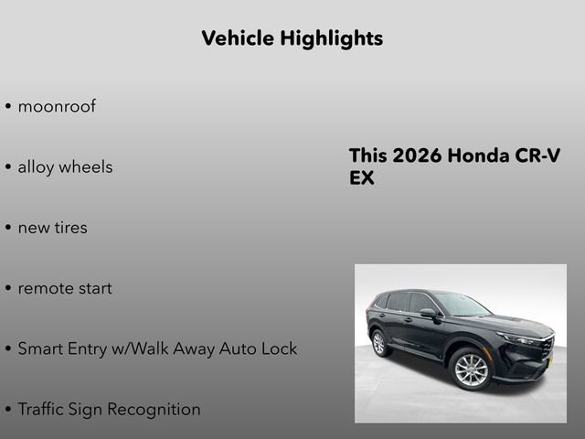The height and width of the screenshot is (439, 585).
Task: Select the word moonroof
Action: tap(57, 106)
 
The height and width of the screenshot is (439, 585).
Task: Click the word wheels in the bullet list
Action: tap(86, 167)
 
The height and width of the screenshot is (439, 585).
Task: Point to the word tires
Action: tap(70, 228)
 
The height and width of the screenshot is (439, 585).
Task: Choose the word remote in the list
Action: tap(46, 288)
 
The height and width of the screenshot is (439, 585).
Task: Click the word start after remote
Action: tap(96, 288)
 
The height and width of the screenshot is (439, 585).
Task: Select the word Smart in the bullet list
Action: tap(41, 348)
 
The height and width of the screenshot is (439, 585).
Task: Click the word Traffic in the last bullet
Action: tap(42, 409)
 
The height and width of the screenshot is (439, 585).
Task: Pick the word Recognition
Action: tap(154, 409)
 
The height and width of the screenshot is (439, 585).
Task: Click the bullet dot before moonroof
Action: tap(8, 107)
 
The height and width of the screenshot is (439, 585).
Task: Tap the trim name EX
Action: tap(362, 178)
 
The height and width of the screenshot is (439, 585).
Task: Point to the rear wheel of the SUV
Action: tap(379, 343)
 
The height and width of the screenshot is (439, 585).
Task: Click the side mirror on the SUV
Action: tap(428, 314)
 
